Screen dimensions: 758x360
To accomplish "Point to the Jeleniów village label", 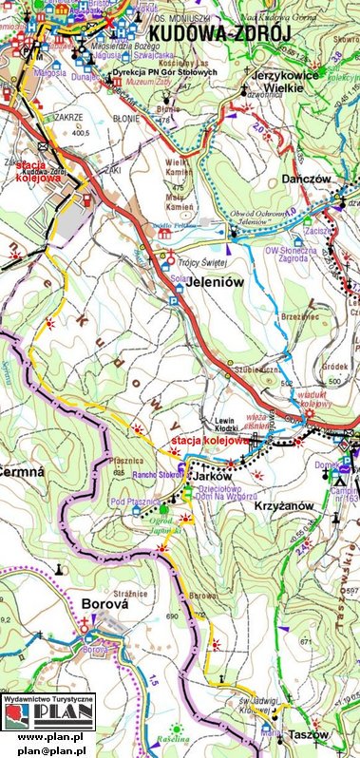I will [195, 282].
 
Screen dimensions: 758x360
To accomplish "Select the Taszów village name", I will [309, 735].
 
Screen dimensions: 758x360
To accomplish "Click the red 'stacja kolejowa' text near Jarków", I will [209, 441].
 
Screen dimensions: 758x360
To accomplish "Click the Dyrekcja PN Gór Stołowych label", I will [165, 73].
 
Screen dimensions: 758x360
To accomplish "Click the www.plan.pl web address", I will [50, 736].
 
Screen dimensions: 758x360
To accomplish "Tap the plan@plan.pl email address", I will [50, 750].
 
